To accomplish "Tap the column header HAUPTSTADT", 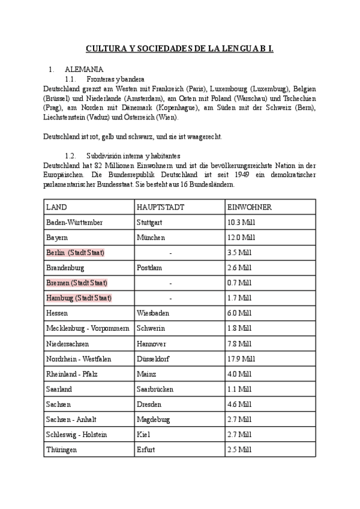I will pos(160,207).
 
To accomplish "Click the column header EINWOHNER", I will pos(250,207).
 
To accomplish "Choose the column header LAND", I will pos(56,207).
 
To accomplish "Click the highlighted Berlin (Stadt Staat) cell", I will pos(75,253).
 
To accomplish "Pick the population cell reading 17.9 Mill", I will pos(241,358).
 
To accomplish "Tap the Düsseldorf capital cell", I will pos(154,358).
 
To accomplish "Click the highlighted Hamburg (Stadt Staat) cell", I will pos(79,298).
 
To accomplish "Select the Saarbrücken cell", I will pos(157,388).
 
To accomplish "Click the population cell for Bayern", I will pos(241,238).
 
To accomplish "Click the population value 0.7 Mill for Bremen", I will pos(239,283).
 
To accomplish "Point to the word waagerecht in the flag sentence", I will pos(202,136).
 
